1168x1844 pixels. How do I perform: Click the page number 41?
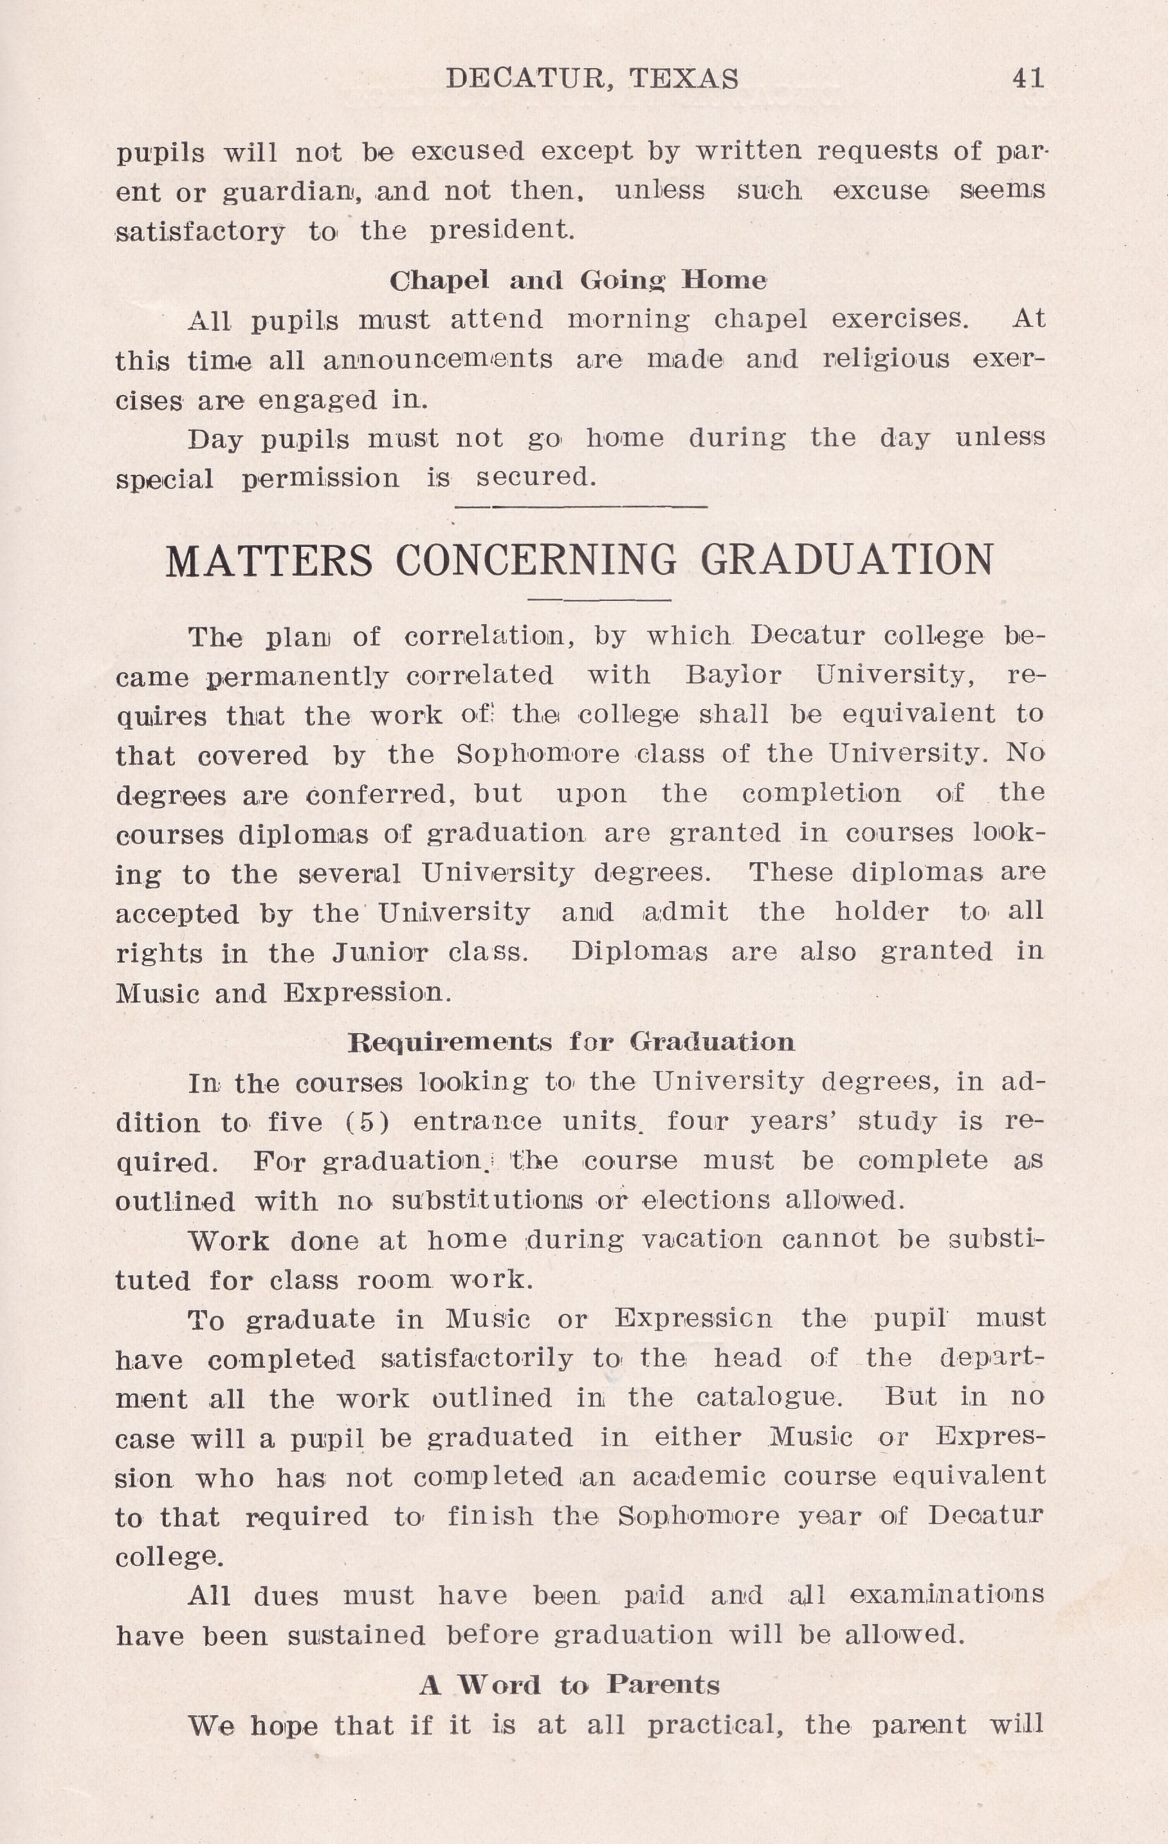(x=1027, y=78)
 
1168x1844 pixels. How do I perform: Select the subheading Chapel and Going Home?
(x=578, y=281)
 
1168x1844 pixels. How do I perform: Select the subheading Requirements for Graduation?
(x=571, y=1042)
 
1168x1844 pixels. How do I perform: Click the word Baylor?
(x=733, y=675)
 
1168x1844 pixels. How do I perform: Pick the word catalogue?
(x=769, y=1398)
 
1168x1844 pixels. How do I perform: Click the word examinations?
(x=946, y=1594)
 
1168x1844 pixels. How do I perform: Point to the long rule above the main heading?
(x=581, y=506)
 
